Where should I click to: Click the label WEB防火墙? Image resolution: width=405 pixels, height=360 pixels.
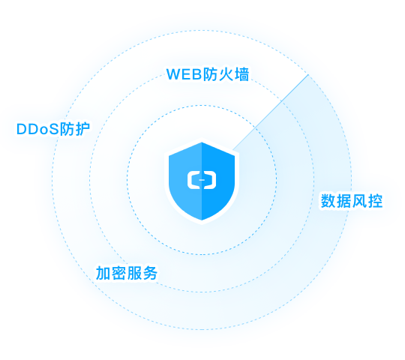[x=208, y=74]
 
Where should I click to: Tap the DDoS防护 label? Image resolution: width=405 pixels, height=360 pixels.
[x=53, y=128]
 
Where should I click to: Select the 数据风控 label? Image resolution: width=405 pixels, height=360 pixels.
[x=352, y=201]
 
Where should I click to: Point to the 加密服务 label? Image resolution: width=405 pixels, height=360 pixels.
[x=127, y=273]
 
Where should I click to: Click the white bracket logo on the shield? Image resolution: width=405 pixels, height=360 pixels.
[x=202, y=180]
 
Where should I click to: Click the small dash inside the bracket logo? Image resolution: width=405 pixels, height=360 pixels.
[x=202, y=180]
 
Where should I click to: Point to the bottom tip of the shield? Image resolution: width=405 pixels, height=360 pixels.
[x=202, y=220]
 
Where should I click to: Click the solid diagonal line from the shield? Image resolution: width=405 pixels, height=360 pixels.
[x=271, y=112]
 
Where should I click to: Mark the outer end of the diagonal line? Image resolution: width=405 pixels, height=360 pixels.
[x=308, y=75]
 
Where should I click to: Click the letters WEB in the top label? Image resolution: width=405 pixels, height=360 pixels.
[x=184, y=74]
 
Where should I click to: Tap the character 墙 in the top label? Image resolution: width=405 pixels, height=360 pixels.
[x=241, y=74]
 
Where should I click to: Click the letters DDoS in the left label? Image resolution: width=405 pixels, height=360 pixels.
[x=37, y=129]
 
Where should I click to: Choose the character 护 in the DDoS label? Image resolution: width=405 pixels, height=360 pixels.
[x=82, y=128]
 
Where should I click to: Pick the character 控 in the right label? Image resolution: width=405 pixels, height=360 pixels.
[x=375, y=201]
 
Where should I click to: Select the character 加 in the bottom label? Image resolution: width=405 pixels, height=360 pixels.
[x=103, y=273]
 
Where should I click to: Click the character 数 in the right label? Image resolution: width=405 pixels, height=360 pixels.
[x=328, y=201]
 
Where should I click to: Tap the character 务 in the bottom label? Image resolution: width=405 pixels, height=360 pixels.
[x=150, y=273]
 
